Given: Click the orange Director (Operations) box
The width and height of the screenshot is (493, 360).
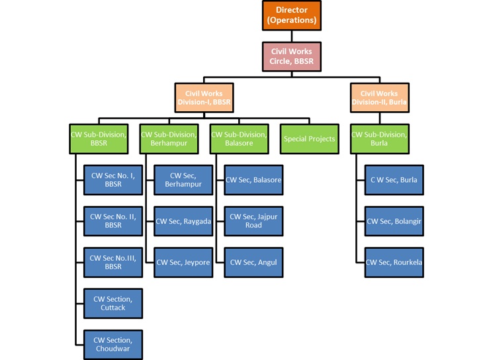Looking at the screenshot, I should tap(292, 15).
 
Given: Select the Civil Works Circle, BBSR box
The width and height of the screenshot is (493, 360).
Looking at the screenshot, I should tap(292, 56).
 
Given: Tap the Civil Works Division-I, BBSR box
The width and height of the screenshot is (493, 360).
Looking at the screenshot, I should tap(204, 98).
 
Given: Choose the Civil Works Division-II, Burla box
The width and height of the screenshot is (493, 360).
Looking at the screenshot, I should tap(380, 98).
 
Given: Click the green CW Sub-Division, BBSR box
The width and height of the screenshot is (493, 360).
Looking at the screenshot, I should tap(99, 139).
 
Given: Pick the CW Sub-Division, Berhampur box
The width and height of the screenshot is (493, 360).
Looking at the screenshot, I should tap(169, 139).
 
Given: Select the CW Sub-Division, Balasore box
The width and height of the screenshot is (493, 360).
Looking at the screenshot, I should tap(239, 139).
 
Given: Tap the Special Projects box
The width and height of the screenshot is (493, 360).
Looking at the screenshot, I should tap(309, 139).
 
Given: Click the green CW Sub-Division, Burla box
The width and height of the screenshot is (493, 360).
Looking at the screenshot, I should tap(380, 139).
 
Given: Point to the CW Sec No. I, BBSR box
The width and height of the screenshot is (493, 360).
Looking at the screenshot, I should tap(113, 180).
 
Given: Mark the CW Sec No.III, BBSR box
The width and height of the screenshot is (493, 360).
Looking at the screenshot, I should tap(113, 263).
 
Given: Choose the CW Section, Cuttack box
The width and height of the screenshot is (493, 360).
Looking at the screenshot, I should tap(113, 304).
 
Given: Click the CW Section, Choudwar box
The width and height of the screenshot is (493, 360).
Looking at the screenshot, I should tap(113, 345).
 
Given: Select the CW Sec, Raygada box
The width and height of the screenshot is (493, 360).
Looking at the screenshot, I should tap(183, 221).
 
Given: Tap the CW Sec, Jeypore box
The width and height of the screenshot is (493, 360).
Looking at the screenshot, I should tap(183, 263).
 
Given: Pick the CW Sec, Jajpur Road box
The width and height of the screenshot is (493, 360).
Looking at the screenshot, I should tap(253, 221).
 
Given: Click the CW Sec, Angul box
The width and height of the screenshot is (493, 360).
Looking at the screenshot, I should tap(253, 263).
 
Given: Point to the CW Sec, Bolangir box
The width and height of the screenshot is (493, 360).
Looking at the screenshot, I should tap(394, 221).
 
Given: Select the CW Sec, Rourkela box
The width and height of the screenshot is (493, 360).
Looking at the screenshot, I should tap(394, 263).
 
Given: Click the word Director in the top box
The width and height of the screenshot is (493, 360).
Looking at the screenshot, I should tap(292, 11).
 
